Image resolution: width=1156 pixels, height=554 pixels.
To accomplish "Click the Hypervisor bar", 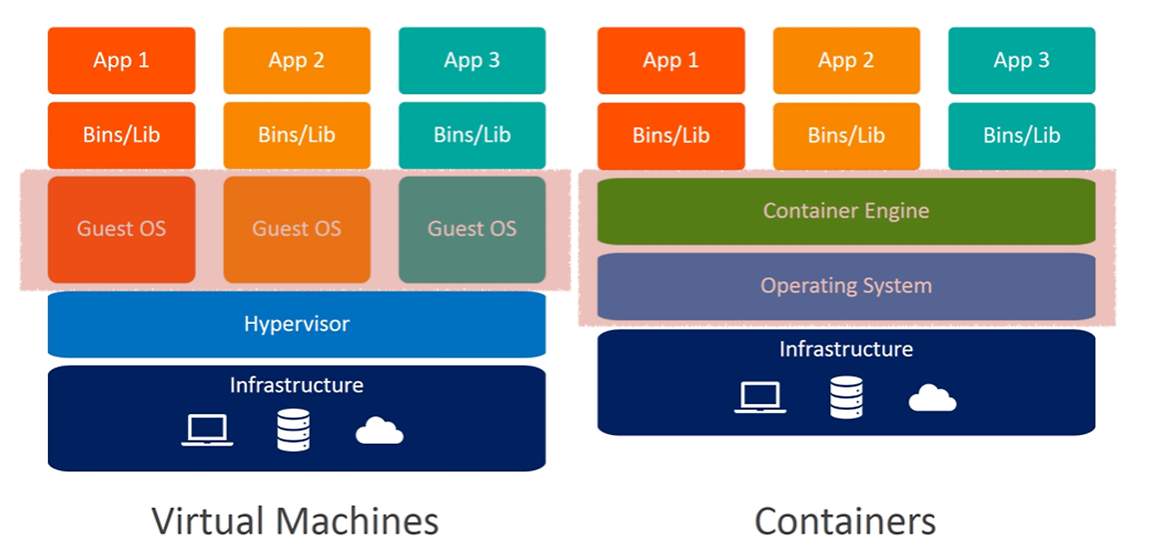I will [x=296, y=323].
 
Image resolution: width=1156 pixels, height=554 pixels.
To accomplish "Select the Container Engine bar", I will [x=846, y=211].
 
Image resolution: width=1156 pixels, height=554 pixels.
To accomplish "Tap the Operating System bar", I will [x=846, y=286].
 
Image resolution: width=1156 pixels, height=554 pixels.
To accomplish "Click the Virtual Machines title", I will [x=295, y=522].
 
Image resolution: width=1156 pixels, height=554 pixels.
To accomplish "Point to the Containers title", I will [x=845, y=522].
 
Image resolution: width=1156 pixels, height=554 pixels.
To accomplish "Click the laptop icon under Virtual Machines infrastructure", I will [x=208, y=430].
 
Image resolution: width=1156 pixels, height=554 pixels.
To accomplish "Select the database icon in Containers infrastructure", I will [x=846, y=397].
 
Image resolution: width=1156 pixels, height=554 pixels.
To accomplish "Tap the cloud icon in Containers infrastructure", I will [x=932, y=398].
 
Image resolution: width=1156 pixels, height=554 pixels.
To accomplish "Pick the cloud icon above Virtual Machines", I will [x=379, y=431].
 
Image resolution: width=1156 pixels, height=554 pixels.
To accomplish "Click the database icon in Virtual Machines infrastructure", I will [x=294, y=430].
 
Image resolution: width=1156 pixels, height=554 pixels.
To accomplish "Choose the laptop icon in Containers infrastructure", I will [x=760, y=397].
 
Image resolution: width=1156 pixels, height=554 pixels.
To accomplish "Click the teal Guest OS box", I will [x=472, y=229].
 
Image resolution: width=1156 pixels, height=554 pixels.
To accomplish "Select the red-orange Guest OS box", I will [x=121, y=229].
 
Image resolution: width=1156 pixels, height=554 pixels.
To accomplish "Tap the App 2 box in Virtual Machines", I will [x=296, y=60].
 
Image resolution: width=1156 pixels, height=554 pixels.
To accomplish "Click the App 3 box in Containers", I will [x=1021, y=60].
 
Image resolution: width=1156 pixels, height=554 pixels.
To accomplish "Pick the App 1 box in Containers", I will [x=671, y=60].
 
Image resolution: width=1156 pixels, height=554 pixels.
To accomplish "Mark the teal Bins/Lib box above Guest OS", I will [x=472, y=135].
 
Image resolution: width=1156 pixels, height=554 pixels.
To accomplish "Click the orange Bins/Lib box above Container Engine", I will [x=846, y=135].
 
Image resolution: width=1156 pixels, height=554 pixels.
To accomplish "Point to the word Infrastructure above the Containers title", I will [x=846, y=349].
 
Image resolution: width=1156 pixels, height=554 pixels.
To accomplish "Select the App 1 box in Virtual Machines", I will [x=121, y=60].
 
